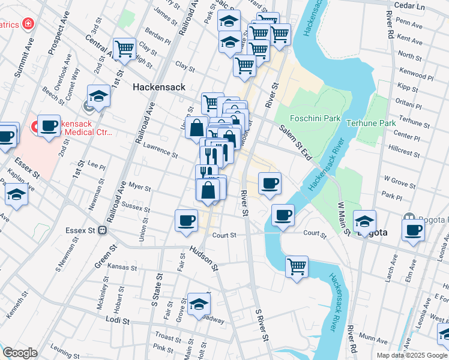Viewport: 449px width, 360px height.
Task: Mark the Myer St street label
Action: [x=139, y=188]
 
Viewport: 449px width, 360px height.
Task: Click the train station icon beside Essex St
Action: [x=103, y=230]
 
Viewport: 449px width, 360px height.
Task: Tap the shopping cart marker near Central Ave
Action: [x=124, y=49]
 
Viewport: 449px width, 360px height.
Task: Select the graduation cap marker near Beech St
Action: [x=99, y=95]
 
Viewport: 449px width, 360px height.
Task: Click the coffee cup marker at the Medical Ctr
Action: [x=49, y=125]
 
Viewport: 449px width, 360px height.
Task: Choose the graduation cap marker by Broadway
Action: [x=199, y=304]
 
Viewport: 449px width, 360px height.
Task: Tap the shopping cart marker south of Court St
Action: [x=297, y=266]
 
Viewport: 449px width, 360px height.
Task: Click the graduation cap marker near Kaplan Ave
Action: [x=16, y=195]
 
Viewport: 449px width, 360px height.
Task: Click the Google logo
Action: [x=20, y=353]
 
